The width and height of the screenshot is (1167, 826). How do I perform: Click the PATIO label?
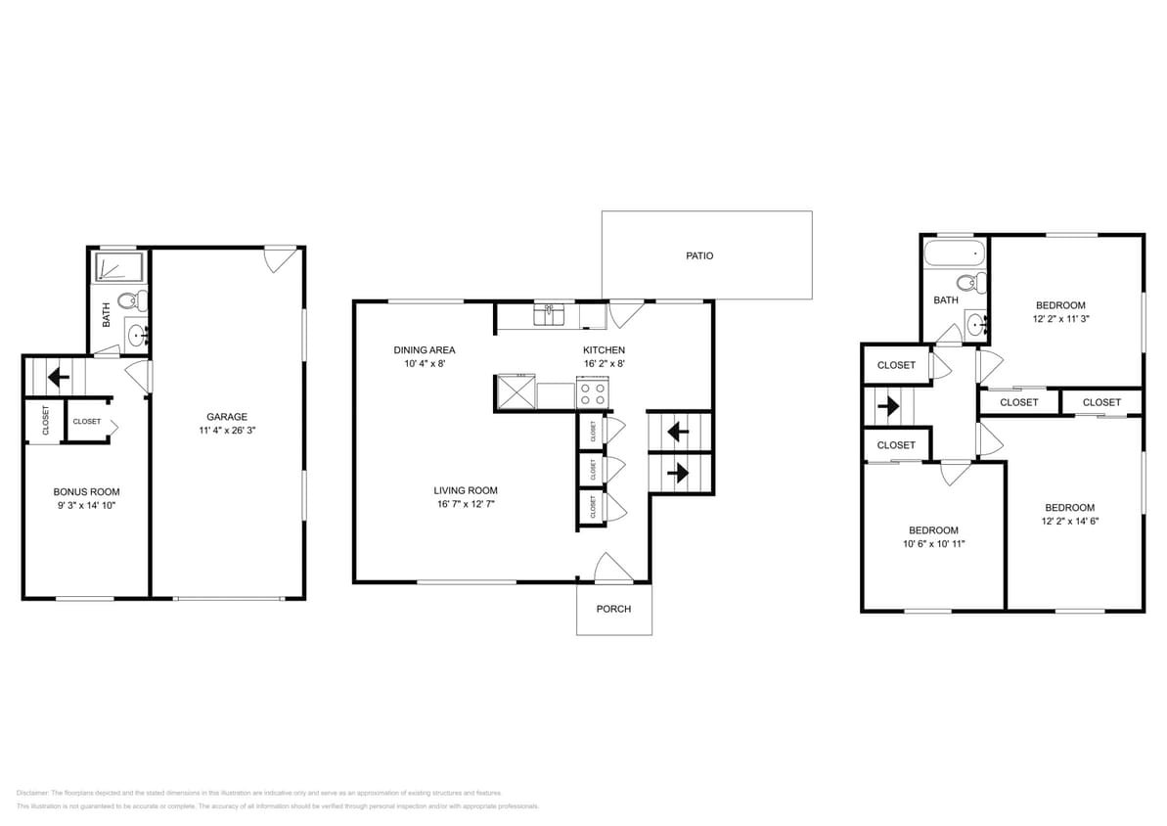click(x=699, y=255)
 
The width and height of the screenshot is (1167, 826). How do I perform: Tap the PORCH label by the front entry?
click(x=613, y=609)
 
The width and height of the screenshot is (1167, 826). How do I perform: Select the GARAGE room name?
click(x=226, y=416)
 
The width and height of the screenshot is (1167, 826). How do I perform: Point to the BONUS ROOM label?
click(x=86, y=492)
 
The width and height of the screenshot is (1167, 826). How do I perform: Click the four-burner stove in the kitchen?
click(x=593, y=394)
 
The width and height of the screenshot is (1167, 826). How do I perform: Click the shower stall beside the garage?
click(x=119, y=267)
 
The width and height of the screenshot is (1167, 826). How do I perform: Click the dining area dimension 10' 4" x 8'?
click(x=424, y=363)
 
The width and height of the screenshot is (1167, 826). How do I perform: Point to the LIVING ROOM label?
click(x=466, y=490)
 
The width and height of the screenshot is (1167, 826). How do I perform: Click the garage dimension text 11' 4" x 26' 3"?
click(x=226, y=430)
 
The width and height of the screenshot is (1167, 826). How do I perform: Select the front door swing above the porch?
click(x=614, y=568)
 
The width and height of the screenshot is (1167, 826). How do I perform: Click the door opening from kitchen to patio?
click(x=624, y=313)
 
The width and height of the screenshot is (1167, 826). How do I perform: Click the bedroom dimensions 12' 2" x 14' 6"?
click(x=1069, y=521)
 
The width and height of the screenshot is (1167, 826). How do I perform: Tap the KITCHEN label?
click(x=604, y=349)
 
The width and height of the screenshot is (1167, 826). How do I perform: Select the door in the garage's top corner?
click(x=282, y=258)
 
